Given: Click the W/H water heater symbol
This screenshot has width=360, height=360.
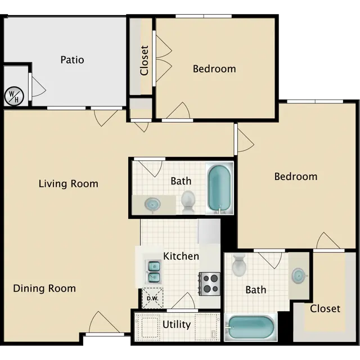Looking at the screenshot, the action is click(x=14, y=96).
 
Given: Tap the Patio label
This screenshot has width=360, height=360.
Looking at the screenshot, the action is click(x=72, y=60).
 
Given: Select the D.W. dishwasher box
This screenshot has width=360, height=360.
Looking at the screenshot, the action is click(x=152, y=298).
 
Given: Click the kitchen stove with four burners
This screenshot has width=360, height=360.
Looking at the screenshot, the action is click(x=210, y=283).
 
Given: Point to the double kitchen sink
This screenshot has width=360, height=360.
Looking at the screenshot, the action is click(x=154, y=272).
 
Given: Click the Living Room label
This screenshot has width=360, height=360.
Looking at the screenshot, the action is click(x=69, y=184).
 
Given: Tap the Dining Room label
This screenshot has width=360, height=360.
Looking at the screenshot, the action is click(x=44, y=289).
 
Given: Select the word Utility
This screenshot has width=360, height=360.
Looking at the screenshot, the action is click(x=177, y=325).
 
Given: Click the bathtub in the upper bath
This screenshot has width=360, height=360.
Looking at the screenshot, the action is click(x=219, y=188).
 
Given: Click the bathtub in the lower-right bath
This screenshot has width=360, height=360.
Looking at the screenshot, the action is click(x=250, y=327).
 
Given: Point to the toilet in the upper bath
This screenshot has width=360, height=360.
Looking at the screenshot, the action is click(x=188, y=201).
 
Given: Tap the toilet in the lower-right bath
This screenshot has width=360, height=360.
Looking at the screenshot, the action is click(x=239, y=265).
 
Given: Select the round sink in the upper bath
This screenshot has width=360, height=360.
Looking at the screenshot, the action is click(x=152, y=204).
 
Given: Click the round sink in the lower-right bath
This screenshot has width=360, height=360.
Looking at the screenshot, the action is click(x=299, y=275).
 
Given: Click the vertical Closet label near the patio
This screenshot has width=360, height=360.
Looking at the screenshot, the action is click(x=145, y=60).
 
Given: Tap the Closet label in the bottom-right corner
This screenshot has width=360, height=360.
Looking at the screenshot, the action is click(x=325, y=309).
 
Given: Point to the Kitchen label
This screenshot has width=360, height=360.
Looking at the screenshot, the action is click(x=181, y=256).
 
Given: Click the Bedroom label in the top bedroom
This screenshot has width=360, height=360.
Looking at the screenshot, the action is click(x=214, y=69).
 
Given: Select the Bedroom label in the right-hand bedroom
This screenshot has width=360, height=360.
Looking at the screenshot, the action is click(x=296, y=177).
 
